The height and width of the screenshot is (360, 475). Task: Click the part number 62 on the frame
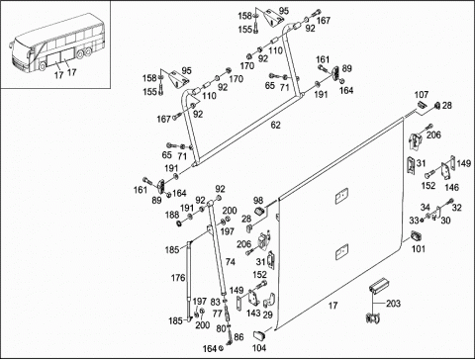pyautogui.click(x=275, y=125)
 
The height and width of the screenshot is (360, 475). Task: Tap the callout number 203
pyautogui.click(x=393, y=304)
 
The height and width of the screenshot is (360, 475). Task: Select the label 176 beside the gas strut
pyautogui.click(x=178, y=278)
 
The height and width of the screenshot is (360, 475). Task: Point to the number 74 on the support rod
pyautogui.click(x=231, y=262)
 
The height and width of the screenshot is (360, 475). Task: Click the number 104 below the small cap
pyautogui.click(x=259, y=348)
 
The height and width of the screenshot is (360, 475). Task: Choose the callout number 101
pyautogui.click(x=419, y=248)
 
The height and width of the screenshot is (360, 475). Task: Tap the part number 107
pyautogui.click(x=422, y=95)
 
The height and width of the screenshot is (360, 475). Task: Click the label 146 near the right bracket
pyautogui.click(x=451, y=187)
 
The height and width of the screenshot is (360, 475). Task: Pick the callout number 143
pyautogui.click(x=253, y=313)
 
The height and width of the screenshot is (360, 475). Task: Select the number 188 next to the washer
pyautogui.click(x=172, y=215)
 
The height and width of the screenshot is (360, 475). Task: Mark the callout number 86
pyautogui.click(x=238, y=337)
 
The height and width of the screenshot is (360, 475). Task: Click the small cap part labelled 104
pyautogui.click(x=259, y=335)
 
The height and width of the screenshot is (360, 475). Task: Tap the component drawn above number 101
pyautogui.click(x=417, y=236)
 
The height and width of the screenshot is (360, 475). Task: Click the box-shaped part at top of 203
pyautogui.click(x=379, y=285)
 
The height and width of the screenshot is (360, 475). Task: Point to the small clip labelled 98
pyautogui.click(x=260, y=211)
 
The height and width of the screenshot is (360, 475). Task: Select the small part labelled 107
pyautogui.click(x=423, y=105)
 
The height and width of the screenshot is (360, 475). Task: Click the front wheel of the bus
pyautogui.click(x=43, y=66)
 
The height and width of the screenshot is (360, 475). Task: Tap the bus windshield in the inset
pyautogui.click(x=20, y=47)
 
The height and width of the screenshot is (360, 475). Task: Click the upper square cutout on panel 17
pyautogui.click(x=341, y=196)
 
